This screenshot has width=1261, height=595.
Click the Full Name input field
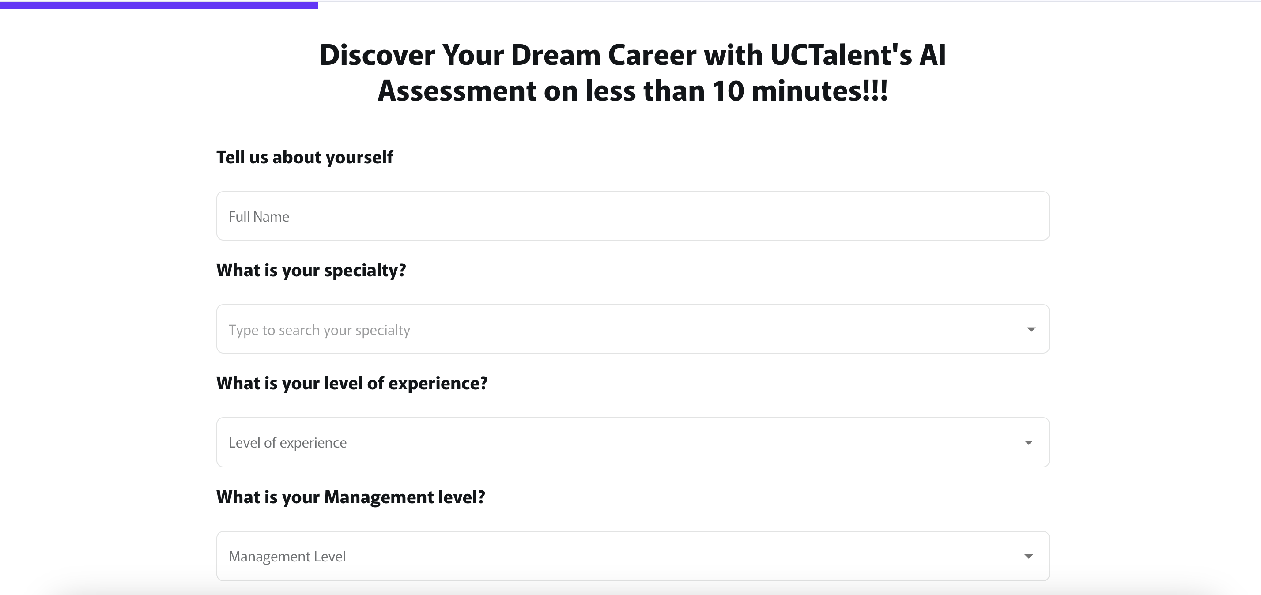pyautogui.click(x=633, y=216)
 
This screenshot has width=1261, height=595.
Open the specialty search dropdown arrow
pyautogui.click(x=1031, y=329)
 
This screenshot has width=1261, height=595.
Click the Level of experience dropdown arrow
pyautogui.click(x=1028, y=442)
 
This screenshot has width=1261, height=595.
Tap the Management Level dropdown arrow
pyautogui.click(x=1028, y=556)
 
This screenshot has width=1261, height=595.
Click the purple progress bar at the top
pyautogui.click(x=159, y=5)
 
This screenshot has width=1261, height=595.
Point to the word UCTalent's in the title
pyautogui.click(x=841, y=55)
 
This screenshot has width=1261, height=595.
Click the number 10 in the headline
pyautogui.click(x=728, y=91)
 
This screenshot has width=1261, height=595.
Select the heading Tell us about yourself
pyautogui.click(x=305, y=158)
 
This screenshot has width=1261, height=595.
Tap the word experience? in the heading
pyautogui.click(x=438, y=384)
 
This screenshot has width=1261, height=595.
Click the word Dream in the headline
pyautogui.click(x=555, y=55)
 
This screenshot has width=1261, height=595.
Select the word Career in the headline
pyautogui.click(x=652, y=55)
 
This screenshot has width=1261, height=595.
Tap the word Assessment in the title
pyautogui.click(x=457, y=91)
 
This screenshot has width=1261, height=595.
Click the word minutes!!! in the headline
pyautogui.click(x=819, y=91)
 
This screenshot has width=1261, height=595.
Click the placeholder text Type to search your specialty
pyautogui.click(x=319, y=330)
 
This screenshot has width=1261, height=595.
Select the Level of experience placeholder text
pyautogui.click(x=287, y=443)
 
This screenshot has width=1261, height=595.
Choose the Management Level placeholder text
pyautogui.click(x=287, y=556)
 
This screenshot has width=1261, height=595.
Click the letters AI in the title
pyautogui.click(x=933, y=55)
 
